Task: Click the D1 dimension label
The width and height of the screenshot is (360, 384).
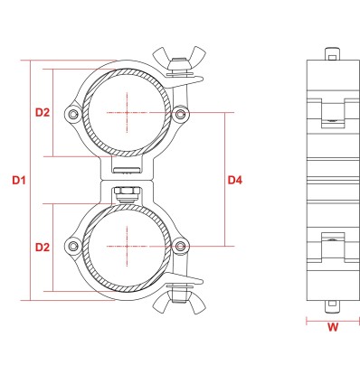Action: (x=19, y=181)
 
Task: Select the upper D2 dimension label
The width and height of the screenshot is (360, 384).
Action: (x=43, y=113)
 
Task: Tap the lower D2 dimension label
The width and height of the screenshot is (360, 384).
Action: (x=43, y=248)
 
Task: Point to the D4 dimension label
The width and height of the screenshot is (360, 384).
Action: (x=235, y=181)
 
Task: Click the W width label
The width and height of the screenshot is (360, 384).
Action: (x=333, y=327)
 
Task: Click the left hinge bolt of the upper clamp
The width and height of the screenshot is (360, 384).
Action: (x=72, y=114)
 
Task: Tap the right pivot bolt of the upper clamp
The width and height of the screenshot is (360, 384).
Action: (x=180, y=114)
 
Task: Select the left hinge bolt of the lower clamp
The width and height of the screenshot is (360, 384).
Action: (x=72, y=246)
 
